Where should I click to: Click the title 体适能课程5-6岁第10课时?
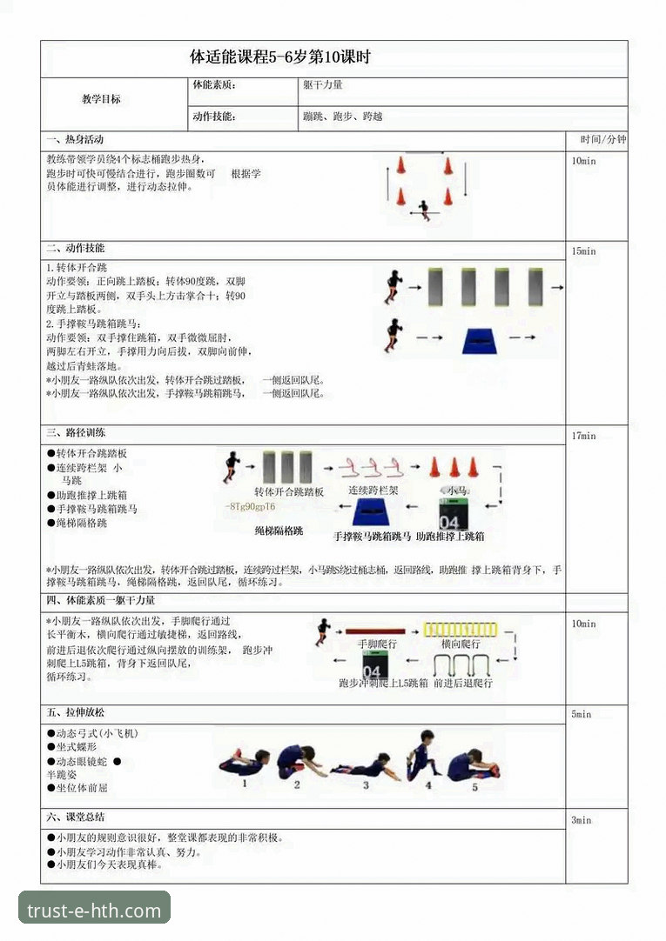[280, 58]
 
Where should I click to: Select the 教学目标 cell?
[101, 99]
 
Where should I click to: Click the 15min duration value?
[583, 251]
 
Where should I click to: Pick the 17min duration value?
[583, 436]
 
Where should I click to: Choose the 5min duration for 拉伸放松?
[581, 714]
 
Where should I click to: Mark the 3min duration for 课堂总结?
[581, 820]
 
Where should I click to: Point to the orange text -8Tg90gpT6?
[250, 506]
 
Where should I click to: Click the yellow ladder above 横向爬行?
[460, 630]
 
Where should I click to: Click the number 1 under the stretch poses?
[245, 783]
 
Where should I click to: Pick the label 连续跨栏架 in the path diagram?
[373, 491]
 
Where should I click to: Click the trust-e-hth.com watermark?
[94, 911]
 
